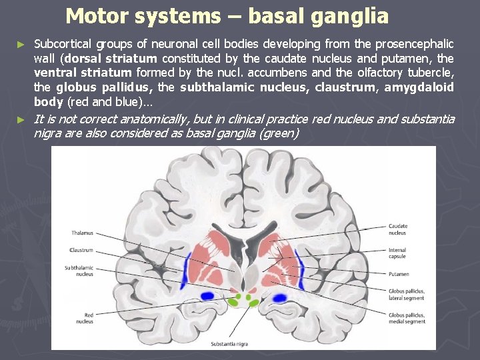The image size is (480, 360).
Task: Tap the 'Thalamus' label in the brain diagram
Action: point(83,233)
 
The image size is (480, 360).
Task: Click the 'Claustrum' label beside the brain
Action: point(82,250)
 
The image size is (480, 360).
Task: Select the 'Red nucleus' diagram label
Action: point(85,317)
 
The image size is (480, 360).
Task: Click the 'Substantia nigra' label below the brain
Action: point(231,344)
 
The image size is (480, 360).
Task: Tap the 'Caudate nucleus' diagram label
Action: point(398,229)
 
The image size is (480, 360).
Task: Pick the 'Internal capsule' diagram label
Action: point(398,253)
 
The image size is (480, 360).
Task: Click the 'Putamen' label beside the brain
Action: point(399,274)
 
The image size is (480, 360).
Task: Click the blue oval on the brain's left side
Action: point(207,295)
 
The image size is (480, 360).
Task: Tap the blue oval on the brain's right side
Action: point(279,298)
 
